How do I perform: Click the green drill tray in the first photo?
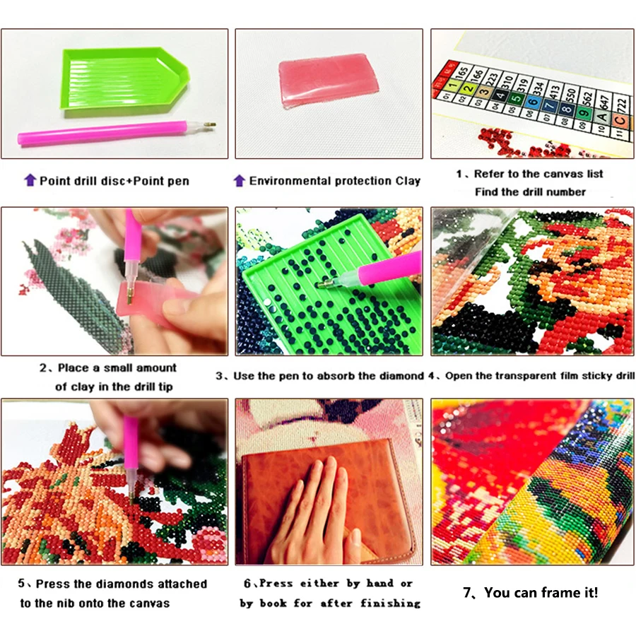[124, 81]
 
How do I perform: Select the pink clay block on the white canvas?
[328, 80]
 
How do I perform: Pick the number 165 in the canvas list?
[461, 73]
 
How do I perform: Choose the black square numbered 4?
[500, 95]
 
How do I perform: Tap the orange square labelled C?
[620, 120]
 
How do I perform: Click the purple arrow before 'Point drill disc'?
[30, 179]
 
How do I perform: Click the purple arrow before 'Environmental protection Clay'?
[240, 180]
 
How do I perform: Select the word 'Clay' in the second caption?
[408, 181]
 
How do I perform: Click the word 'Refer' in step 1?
[490, 174]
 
